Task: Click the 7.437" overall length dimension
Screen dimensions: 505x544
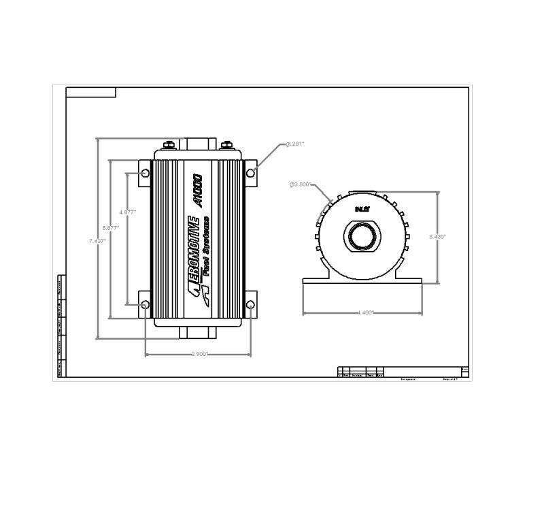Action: (97, 241)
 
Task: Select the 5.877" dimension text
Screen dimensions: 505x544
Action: (110, 227)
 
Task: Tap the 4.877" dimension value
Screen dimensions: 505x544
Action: (127, 212)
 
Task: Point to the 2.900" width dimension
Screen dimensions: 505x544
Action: (200, 354)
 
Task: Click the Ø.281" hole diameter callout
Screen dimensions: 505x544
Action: (295, 144)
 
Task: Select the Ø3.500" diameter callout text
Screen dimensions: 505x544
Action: (301, 184)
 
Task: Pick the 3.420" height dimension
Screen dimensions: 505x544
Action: (437, 237)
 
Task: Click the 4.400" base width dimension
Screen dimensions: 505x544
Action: (365, 313)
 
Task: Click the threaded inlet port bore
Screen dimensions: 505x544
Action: (362, 238)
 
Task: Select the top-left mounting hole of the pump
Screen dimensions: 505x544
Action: (145, 174)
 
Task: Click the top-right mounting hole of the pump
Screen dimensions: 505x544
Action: (250, 173)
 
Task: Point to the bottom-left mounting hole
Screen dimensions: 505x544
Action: (145, 304)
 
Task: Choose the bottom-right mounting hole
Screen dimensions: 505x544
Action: (250, 304)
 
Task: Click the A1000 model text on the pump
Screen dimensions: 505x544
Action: (197, 191)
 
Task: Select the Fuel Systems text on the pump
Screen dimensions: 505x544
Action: (205, 245)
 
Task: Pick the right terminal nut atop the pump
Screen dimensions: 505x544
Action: (226, 144)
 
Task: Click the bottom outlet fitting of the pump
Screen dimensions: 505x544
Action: (198, 333)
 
